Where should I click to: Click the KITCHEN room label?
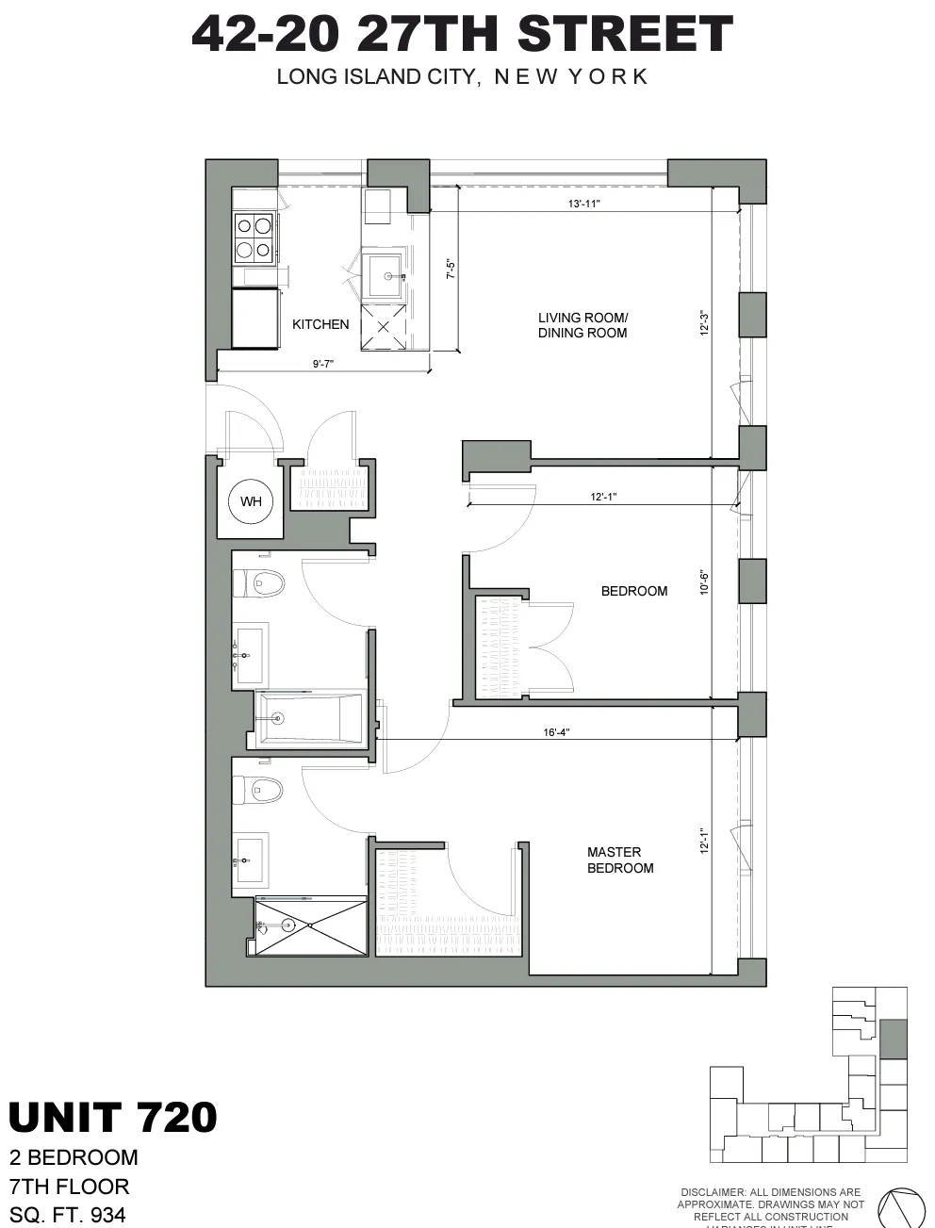click(x=320, y=324)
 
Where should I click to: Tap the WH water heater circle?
click(x=251, y=501)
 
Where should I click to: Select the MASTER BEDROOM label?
click(x=619, y=860)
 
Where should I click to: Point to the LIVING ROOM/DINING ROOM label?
click(x=582, y=325)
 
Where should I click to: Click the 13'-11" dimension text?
click(x=584, y=204)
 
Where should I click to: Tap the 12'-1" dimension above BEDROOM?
click(x=603, y=497)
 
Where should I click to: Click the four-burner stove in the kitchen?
click(x=255, y=237)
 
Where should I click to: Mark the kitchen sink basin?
click(x=385, y=276)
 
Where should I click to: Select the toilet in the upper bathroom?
click(x=261, y=583)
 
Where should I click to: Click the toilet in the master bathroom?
click(x=261, y=789)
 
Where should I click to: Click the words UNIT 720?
click(x=113, y=1117)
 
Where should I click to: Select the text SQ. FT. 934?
click(x=68, y=1215)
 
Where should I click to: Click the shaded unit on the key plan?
click(x=893, y=1039)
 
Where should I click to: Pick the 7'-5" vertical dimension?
click(x=451, y=270)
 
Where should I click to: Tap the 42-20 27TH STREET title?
click(x=462, y=35)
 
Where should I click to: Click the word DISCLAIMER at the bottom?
click(x=712, y=1192)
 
